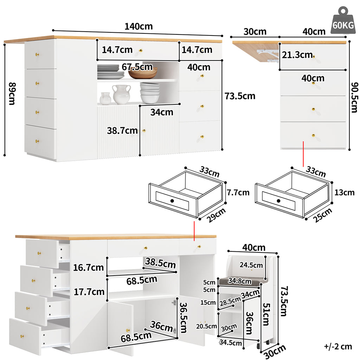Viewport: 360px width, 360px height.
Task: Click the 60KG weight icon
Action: point(343,21)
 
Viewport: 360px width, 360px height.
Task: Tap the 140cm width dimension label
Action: point(139,26)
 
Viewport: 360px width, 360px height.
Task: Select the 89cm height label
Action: point(12,94)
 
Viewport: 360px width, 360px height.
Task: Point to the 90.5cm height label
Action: point(354,97)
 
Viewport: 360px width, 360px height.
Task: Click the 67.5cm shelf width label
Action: point(137,67)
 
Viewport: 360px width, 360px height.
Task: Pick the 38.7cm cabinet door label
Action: point(122,131)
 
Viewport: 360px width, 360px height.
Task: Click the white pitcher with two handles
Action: point(121,94)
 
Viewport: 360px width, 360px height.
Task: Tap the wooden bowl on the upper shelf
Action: point(143,73)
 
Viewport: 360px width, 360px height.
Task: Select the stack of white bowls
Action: point(150,93)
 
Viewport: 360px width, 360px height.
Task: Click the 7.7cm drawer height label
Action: point(238,192)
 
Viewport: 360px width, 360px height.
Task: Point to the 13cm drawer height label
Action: point(345,192)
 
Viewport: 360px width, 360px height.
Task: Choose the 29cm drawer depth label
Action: point(216,215)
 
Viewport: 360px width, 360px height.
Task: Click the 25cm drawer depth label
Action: point(323,215)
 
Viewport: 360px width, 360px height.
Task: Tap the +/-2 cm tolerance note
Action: point(338,346)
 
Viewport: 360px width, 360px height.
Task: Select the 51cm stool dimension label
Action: point(266,315)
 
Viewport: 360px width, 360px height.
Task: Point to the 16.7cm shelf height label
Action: point(88,268)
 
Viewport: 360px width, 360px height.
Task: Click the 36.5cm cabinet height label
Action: point(183,318)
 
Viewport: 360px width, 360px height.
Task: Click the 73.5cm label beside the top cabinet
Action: point(240,96)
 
